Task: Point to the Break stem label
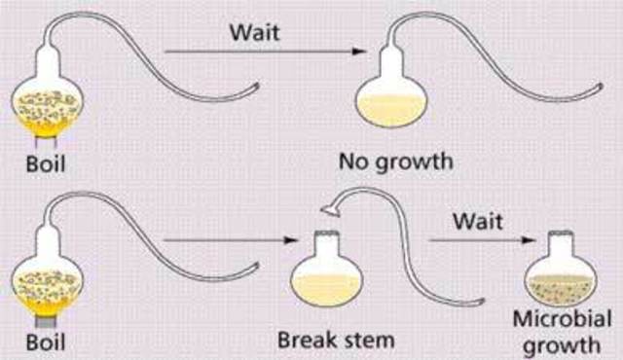pos(332,342)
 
